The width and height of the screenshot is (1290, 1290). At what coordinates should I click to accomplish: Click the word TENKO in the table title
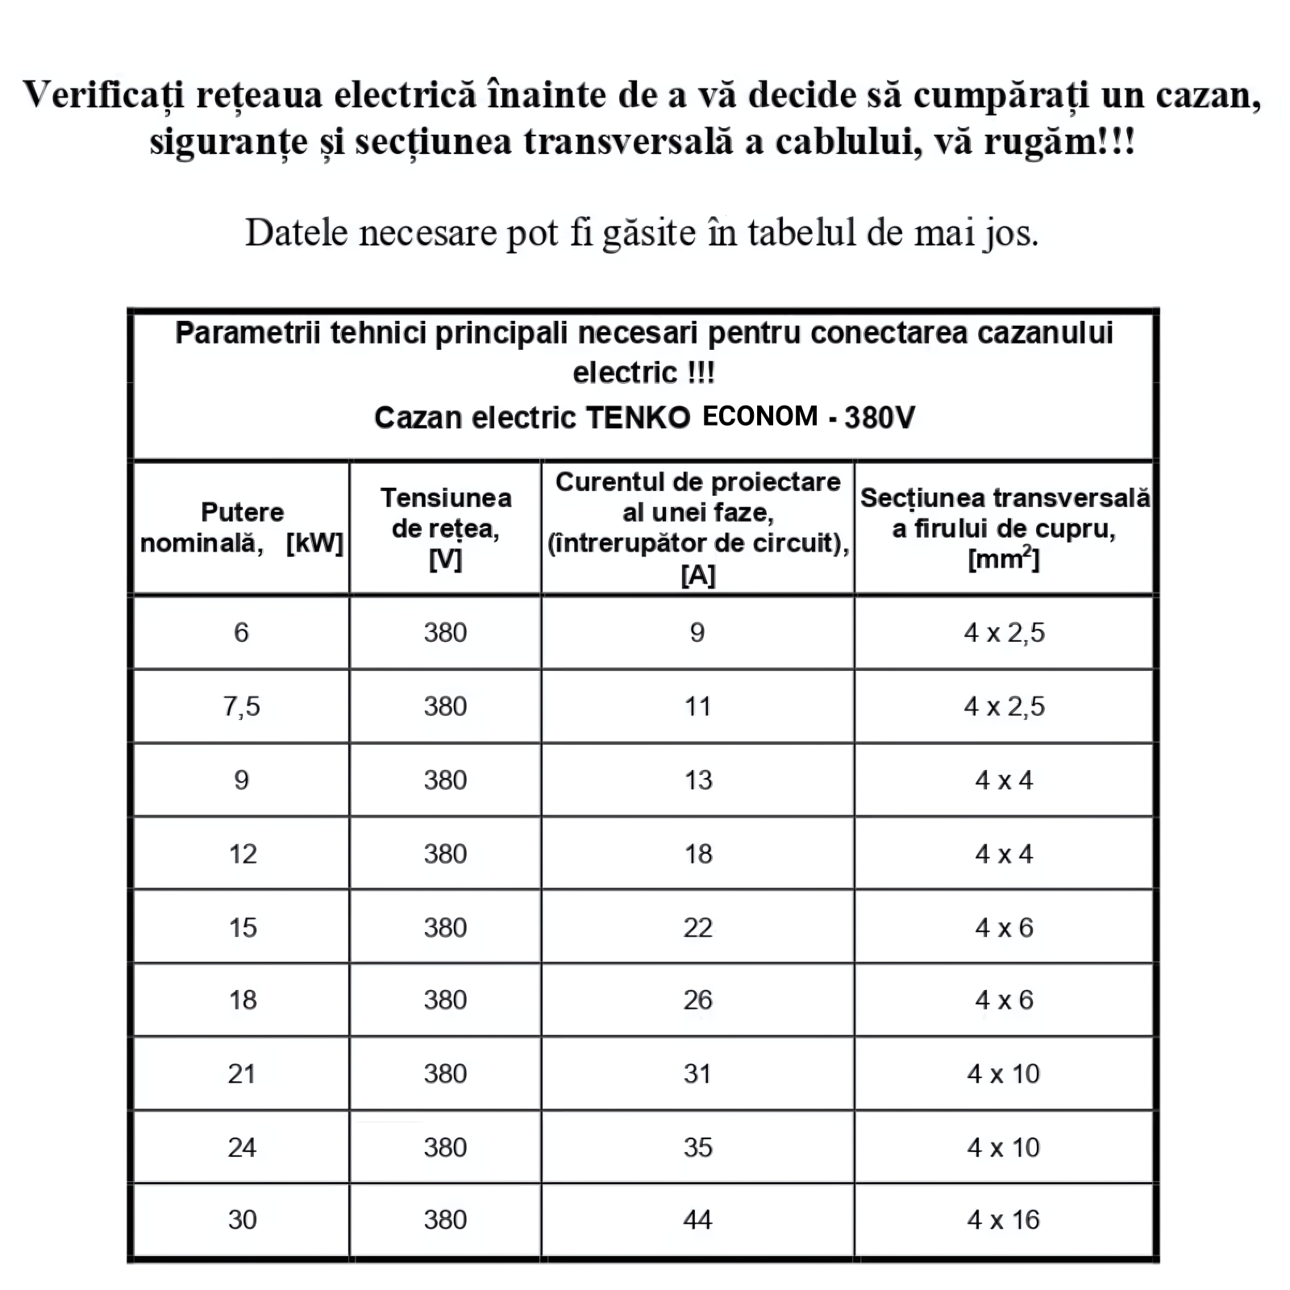(637, 418)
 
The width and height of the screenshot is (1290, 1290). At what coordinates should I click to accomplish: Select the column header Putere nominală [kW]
(242, 527)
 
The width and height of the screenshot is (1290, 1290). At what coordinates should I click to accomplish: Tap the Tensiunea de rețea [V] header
(446, 527)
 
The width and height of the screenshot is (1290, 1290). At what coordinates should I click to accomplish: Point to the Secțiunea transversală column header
(1005, 527)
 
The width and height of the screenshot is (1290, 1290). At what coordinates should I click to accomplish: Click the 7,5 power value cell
(242, 706)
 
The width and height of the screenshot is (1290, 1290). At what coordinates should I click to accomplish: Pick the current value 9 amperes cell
(697, 633)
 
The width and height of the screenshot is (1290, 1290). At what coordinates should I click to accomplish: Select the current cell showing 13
(698, 780)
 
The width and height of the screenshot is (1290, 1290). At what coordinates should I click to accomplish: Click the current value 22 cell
(698, 927)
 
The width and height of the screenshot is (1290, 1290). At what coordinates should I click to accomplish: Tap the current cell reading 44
(698, 1220)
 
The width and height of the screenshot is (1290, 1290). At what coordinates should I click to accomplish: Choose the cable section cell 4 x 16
(1004, 1220)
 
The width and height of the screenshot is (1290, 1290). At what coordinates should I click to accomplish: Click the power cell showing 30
(242, 1220)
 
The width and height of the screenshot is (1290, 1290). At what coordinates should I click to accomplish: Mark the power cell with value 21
(242, 1074)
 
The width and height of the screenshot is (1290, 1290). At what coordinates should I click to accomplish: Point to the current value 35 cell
(698, 1147)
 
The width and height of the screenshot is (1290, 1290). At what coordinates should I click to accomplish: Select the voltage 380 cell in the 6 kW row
(446, 633)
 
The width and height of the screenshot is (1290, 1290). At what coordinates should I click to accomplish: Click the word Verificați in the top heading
(105, 95)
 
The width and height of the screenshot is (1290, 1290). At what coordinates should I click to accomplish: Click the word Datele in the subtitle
(295, 233)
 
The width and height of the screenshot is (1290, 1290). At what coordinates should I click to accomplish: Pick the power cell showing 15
(242, 927)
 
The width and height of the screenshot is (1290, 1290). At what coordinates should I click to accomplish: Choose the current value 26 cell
(698, 1001)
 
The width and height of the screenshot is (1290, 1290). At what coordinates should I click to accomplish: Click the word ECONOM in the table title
(760, 416)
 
